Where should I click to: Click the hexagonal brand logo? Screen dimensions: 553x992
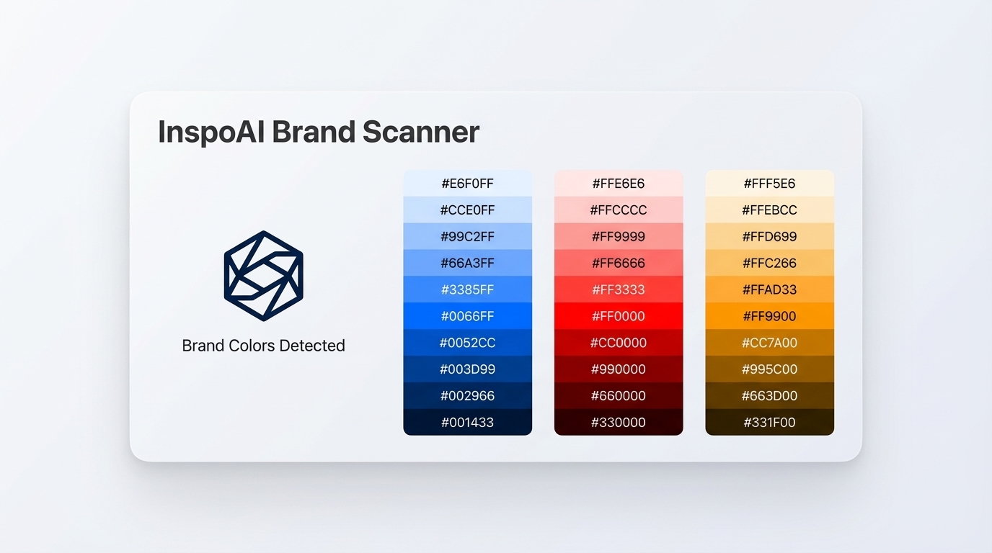click(x=263, y=276)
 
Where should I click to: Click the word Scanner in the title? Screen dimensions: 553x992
click(x=420, y=132)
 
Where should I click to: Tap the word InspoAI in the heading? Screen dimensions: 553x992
click(x=211, y=132)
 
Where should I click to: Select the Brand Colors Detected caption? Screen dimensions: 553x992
click(x=263, y=346)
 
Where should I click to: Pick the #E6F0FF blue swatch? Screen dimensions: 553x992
click(x=467, y=184)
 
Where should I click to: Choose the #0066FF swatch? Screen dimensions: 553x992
click(x=467, y=316)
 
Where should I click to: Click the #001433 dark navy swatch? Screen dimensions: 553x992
click(x=467, y=422)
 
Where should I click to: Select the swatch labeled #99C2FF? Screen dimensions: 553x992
click(x=467, y=236)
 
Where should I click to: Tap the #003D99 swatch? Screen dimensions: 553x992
click(x=467, y=369)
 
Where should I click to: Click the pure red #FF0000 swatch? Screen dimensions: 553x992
click(x=619, y=316)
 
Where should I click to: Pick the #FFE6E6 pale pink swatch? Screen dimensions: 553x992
click(x=619, y=184)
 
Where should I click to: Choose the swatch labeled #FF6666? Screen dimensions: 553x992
click(x=619, y=263)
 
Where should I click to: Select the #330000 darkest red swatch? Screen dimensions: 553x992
click(x=619, y=422)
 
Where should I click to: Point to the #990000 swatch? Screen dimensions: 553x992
click(x=619, y=369)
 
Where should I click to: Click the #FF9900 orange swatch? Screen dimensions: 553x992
click(x=769, y=316)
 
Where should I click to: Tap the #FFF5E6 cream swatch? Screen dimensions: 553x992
click(x=769, y=184)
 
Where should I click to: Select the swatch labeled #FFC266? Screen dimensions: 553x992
click(x=769, y=263)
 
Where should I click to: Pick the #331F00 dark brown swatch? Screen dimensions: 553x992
click(x=769, y=422)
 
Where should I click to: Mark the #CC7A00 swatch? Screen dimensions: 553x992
click(x=769, y=343)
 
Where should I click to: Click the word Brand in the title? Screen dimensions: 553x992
click(x=314, y=132)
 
